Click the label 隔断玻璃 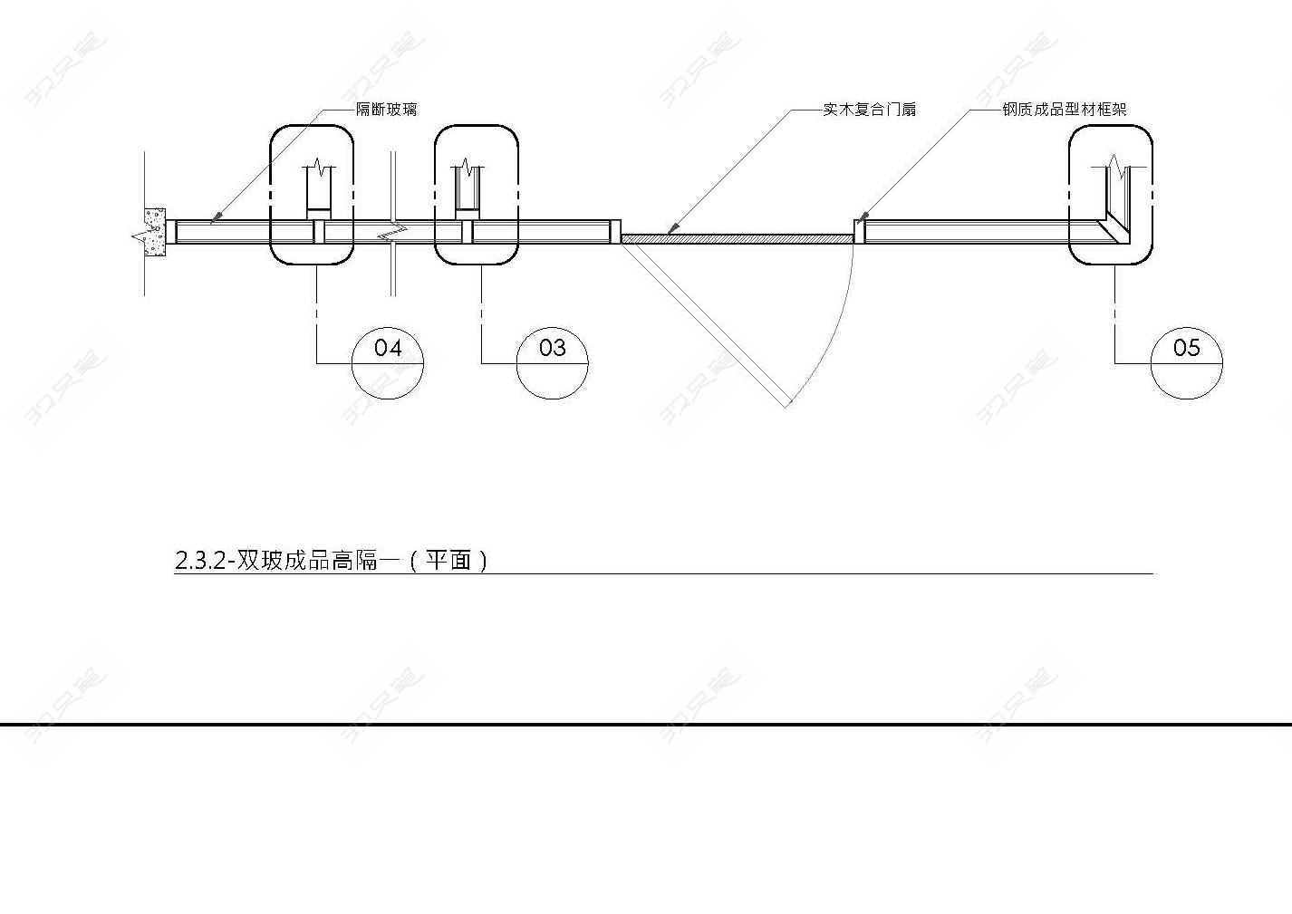386,110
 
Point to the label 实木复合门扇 869,110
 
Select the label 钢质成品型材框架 1065,110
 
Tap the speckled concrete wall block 155,232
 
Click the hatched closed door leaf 738,239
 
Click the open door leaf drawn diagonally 704,324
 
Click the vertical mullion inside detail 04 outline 319,232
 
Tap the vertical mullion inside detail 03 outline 468,232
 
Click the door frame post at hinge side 616,231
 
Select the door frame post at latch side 860,231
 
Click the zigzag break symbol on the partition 392,232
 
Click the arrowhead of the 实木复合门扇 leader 672,229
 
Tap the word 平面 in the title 448,561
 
